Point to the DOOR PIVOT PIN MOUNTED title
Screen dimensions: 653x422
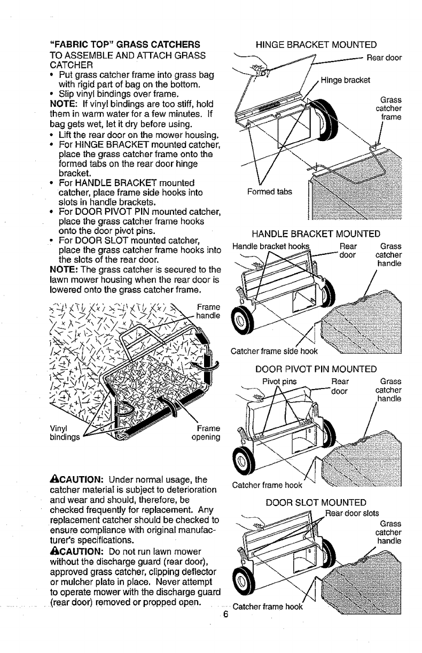316,369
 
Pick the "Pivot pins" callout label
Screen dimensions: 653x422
279,382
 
